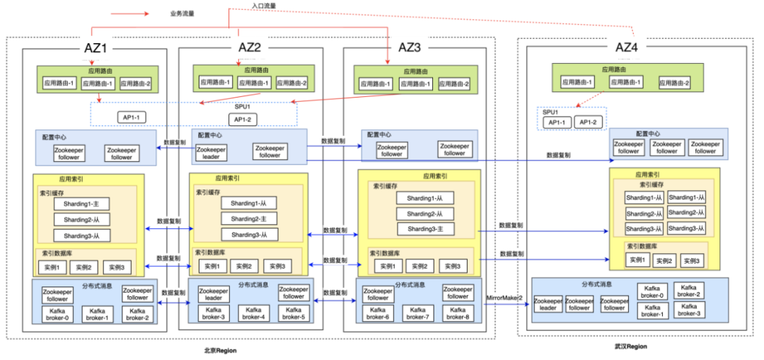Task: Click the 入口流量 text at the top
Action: (x=264, y=6)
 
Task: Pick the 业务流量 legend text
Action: (x=183, y=13)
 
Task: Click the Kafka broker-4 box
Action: (x=253, y=313)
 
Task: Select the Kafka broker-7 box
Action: (x=418, y=313)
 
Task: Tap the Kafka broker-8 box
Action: (x=458, y=313)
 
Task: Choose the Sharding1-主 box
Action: (x=81, y=203)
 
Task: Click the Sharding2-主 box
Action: (x=249, y=219)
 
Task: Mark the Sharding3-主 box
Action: (x=425, y=228)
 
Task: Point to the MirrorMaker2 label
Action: (x=504, y=298)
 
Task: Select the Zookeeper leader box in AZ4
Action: (x=548, y=304)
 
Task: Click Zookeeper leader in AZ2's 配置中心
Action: (x=210, y=152)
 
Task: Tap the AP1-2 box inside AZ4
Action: (x=589, y=122)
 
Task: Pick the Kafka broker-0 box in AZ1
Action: (x=57, y=314)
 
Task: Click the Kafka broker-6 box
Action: (x=378, y=313)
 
